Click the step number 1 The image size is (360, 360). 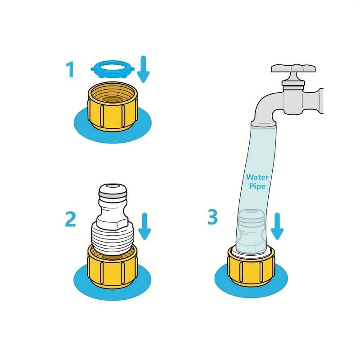tap(70, 69)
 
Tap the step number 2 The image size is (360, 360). tap(71, 219)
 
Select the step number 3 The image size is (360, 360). tap(212, 217)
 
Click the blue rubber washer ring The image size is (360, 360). tap(112, 69)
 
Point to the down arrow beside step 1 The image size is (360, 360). tap(143, 69)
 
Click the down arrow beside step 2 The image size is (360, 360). tap(144, 226)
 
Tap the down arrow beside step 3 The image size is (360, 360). tap(277, 226)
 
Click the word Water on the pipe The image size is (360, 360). tap(257, 177)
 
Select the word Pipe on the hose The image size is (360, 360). tap(257, 186)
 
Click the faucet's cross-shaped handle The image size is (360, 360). tap(293, 68)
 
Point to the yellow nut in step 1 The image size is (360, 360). tap(112, 107)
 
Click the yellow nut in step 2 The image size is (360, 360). tap(112, 266)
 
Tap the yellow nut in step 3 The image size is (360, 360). tap(251, 266)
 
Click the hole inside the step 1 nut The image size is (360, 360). tap(113, 99)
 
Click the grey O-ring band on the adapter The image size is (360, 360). tap(112, 195)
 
